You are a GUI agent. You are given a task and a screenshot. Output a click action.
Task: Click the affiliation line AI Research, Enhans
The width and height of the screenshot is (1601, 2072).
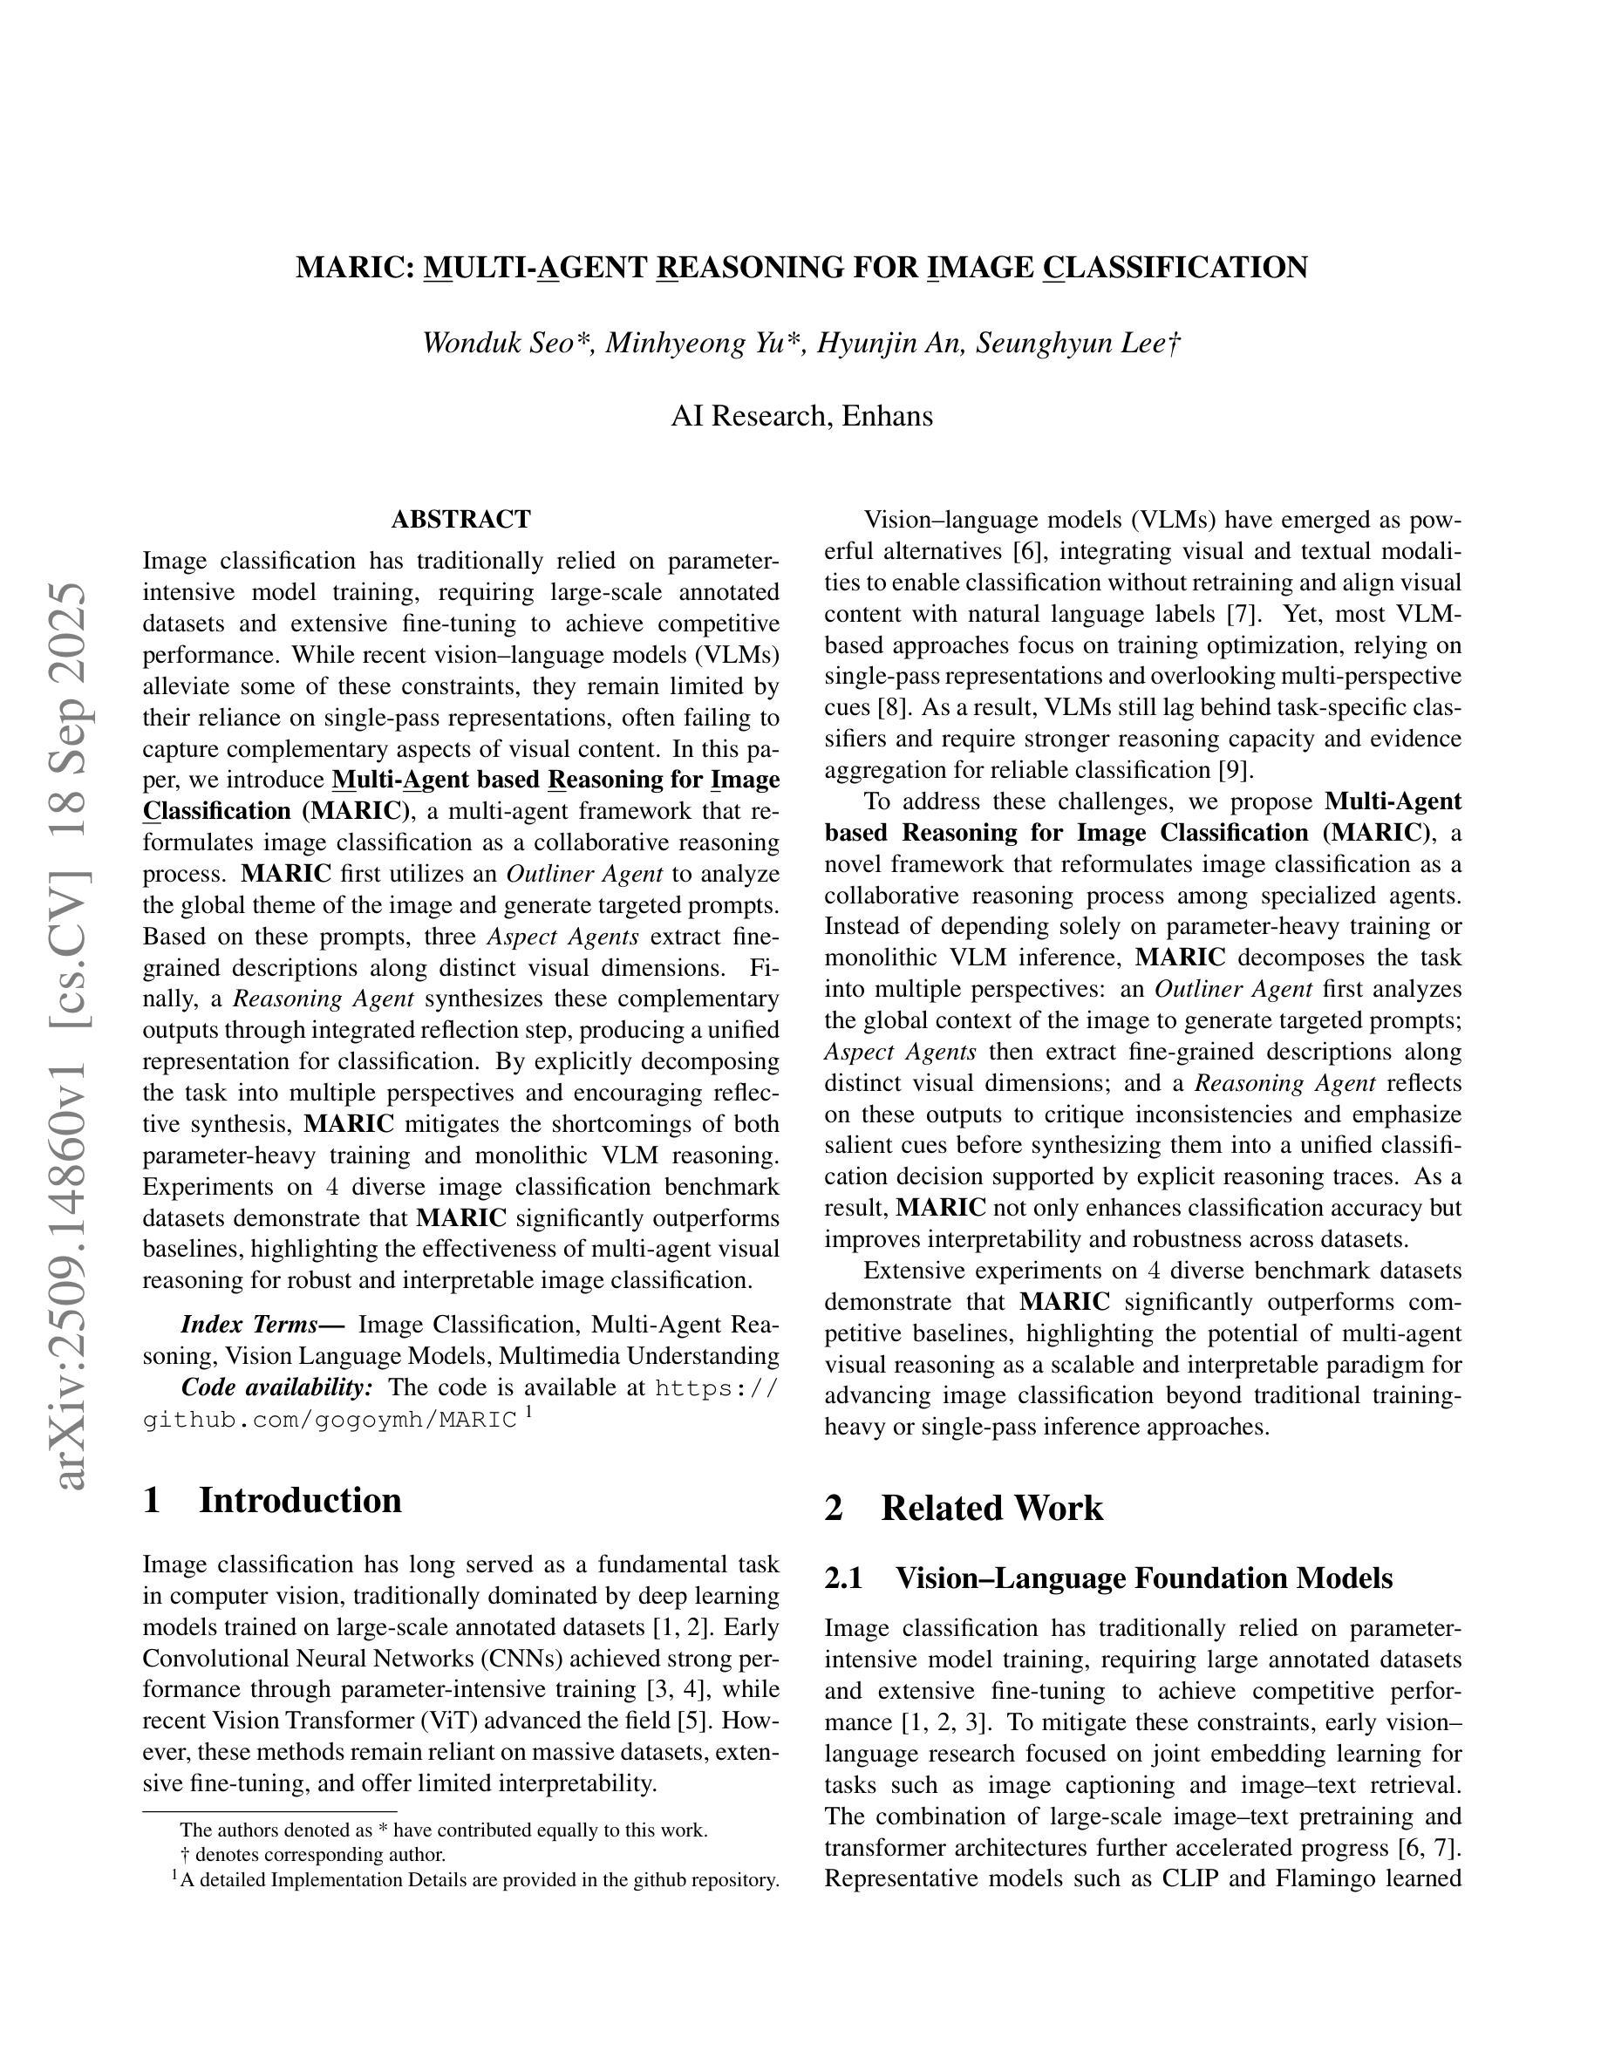click(x=801, y=416)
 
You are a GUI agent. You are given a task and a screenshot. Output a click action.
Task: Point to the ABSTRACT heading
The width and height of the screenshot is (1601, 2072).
click(x=461, y=519)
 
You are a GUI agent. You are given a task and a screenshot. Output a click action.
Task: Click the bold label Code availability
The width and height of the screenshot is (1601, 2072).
click(x=277, y=1387)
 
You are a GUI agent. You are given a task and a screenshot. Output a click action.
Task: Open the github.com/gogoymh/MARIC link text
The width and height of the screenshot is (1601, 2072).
click(x=330, y=1421)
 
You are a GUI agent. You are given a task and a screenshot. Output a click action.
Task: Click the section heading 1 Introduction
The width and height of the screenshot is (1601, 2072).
click(x=272, y=1500)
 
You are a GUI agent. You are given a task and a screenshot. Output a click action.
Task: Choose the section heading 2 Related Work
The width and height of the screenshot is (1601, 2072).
click(x=964, y=1508)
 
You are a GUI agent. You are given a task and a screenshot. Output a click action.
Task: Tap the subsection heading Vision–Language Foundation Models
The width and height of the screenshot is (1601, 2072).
click(x=1144, y=1578)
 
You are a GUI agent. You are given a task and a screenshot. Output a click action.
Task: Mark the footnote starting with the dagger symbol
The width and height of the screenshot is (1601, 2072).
click(x=313, y=1854)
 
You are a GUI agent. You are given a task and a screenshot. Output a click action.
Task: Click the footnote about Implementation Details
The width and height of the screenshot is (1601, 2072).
click(x=474, y=1879)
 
